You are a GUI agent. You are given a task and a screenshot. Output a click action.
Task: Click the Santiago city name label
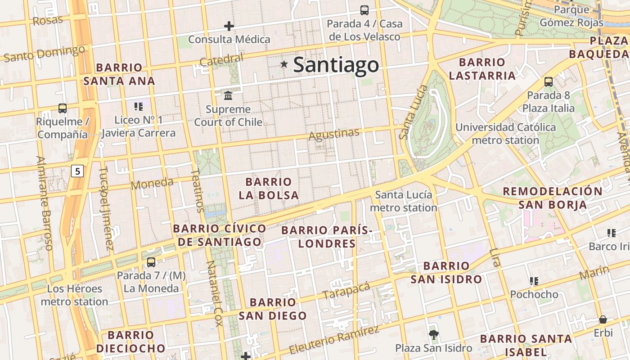pos(336,65)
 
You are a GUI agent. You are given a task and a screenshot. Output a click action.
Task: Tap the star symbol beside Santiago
pos(284,64)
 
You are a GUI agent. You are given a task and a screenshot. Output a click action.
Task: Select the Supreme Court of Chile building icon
pos(228,96)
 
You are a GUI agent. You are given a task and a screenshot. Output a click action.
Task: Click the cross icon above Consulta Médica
pos(229,26)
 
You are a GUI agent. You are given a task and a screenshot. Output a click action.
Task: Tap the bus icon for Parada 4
pos(364,10)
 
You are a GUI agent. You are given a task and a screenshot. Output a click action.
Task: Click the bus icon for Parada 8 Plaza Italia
pos(549,82)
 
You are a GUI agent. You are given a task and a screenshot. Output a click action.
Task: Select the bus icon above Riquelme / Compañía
pos(63,108)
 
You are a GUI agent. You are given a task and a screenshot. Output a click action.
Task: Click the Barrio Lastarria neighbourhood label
pos(482,69)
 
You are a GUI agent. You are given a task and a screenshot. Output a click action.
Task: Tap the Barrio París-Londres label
pos(327,237)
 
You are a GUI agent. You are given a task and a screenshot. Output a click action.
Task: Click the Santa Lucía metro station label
pos(403,201)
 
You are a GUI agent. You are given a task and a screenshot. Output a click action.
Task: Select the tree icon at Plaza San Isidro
pos(434,334)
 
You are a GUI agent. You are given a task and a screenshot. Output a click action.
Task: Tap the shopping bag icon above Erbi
pos(603,319)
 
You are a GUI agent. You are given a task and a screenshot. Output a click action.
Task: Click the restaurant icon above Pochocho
pos(534,281)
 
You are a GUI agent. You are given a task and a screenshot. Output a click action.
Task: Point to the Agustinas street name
pos(334,134)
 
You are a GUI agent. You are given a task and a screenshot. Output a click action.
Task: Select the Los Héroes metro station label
pos(74,295)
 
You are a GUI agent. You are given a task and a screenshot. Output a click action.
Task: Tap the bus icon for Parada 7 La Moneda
pos(151,262)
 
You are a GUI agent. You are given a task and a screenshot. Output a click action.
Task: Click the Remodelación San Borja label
pos(552,198)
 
